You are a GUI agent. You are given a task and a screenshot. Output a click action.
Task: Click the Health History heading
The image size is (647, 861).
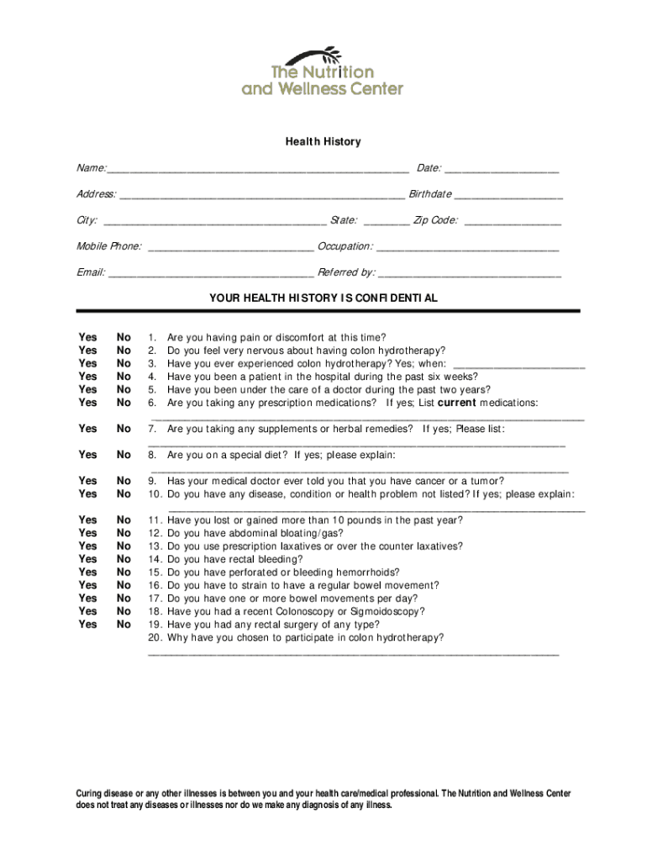pyautogui.click(x=323, y=141)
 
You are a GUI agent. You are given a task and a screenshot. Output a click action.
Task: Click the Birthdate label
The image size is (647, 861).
pyautogui.click(x=430, y=194)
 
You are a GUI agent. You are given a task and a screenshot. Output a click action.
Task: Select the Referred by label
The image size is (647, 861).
pyautogui.click(x=346, y=272)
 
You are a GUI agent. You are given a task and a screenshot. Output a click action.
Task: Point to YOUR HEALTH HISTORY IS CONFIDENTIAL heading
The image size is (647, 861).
pyautogui.click(x=323, y=298)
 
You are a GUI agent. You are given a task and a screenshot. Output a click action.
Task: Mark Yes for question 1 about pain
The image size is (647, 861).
pyautogui.click(x=87, y=337)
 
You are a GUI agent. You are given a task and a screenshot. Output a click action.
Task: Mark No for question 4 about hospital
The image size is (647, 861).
pyautogui.click(x=124, y=377)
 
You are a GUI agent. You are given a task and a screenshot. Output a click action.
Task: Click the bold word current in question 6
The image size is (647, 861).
pyautogui.click(x=457, y=403)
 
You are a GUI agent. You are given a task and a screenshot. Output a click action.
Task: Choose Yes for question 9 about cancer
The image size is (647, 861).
pyautogui.click(x=87, y=481)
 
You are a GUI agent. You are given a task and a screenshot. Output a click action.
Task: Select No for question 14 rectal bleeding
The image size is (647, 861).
pyautogui.click(x=124, y=559)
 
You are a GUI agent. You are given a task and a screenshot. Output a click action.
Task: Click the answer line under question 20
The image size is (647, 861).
pyautogui.click(x=353, y=652)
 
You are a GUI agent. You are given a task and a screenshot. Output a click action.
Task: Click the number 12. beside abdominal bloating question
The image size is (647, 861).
pyautogui.click(x=155, y=533)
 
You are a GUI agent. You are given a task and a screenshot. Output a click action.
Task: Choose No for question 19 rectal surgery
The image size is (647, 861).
pyautogui.click(x=124, y=625)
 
